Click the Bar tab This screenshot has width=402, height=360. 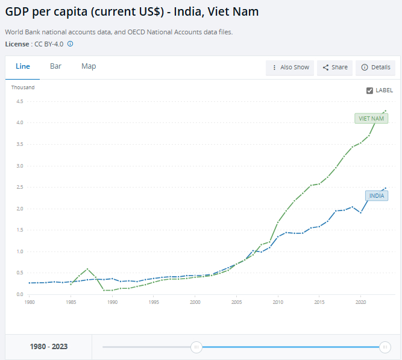(55, 66)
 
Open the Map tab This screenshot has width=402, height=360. (89, 66)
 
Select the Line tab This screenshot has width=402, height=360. (23, 66)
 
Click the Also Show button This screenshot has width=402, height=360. (291, 68)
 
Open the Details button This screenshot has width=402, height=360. (375, 68)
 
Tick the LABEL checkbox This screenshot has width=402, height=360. (370, 90)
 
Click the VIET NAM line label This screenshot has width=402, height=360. (371, 119)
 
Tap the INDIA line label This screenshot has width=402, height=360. (377, 196)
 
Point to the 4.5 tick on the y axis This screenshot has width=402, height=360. (20, 101)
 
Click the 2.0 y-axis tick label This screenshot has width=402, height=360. (20, 209)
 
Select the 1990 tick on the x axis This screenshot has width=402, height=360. (112, 302)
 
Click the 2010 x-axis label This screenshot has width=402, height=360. (278, 302)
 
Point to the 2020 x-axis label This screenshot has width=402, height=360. (361, 302)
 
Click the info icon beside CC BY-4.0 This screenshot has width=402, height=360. (70, 44)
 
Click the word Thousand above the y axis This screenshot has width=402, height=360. (23, 87)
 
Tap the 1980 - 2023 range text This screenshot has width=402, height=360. (49, 347)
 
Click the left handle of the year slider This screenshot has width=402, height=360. (196, 347)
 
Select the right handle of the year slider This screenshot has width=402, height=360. (385, 347)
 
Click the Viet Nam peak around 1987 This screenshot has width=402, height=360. (87, 269)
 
